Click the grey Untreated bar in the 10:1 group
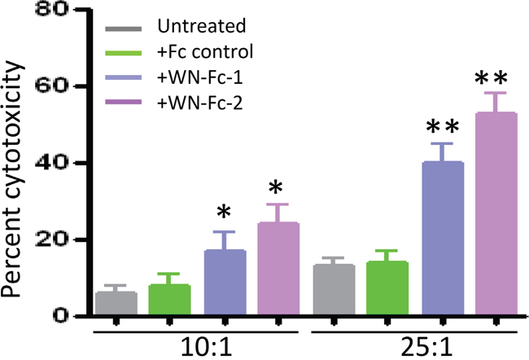point(116,303)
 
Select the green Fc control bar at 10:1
point(170,300)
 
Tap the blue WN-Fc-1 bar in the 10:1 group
point(225,283)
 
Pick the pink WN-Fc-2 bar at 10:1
point(278,269)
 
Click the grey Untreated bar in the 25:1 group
point(334,289)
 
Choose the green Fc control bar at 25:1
point(387,288)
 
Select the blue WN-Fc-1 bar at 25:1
point(443,238)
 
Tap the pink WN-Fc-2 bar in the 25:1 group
point(496,213)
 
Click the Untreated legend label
point(202,26)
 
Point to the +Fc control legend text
point(205,51)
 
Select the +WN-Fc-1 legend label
point(199,77)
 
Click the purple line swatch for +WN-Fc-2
point(124,102)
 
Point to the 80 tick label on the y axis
point(51,10)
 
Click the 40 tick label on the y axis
point(51,163)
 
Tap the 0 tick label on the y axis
point(61,316)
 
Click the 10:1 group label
point(207,348)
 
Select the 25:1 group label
point(426,348)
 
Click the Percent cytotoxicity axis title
point(12,179)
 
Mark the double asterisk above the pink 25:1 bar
point(491,79)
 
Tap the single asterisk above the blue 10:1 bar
point(224,212)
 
